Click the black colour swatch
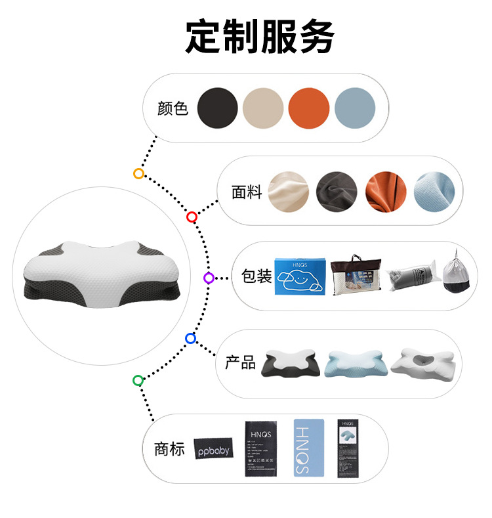[x=217, y=108]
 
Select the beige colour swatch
[x=263, y=108]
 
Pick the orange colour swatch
[x=309, y=108]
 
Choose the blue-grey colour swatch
[x=355, y=108]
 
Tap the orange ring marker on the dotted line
[x=138, y=173]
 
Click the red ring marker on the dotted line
[x=192, y=217]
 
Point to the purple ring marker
[x=209, y=278]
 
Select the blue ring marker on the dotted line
[x=191, y=339]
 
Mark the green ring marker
[x=138, y=380]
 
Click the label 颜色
[x=173, y=108]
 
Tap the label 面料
[x=247, y=192]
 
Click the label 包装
[x=256, y=276]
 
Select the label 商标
[x=169, y=449]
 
